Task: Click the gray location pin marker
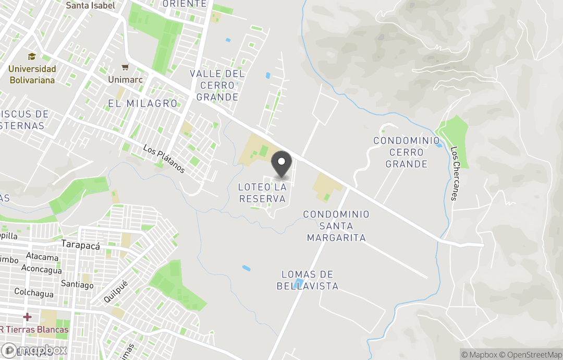pyautogui.click(x=282, y=165)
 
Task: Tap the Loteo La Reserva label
pyautogui.click(x=262, y=193)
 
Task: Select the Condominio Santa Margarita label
pyautogui.click(x=336, y=226)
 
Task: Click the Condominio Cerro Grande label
pyautogui.click(x=407, y=152)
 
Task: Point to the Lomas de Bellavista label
pyautogui.click(x=307, y=280)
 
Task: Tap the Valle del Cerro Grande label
pyautogui.click(x=217, y=85)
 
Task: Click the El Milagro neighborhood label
pyautogui.click(x=143, y=103)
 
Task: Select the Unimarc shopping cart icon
pyautogui.click(x=125, y=67)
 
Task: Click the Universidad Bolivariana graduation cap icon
pyautogui.click(x=32, y=56)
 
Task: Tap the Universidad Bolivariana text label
pyautogui.click(x=32, y=75)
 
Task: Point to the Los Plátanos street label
pyautogui.click(x=164, y=159)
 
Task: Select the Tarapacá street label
pyautogui.click(x=80, y=244)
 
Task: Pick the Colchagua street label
pyautogui.click(x=34, y=293)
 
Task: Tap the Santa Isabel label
pyautogui.click(x=91, y=6)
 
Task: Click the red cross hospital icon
pyautogui.click(x=27, y=317)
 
